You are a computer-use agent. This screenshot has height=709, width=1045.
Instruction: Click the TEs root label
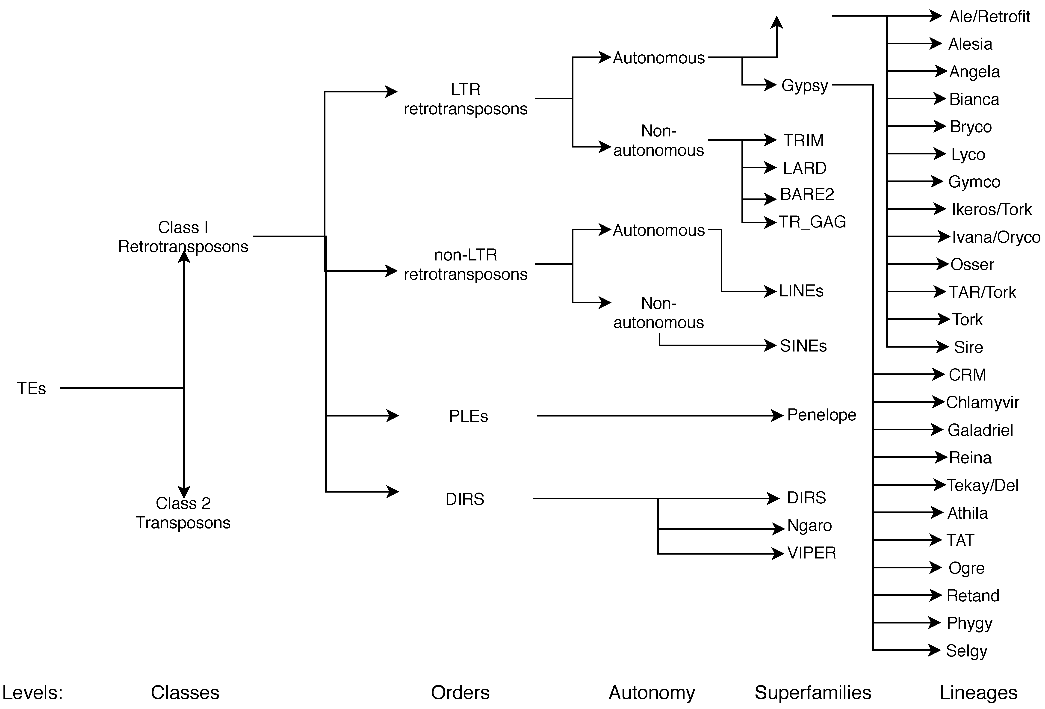click(x=32, y=388)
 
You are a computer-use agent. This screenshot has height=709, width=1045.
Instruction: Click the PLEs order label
click(x=468, y=416)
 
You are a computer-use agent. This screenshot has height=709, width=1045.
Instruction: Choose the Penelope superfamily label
click(x=821, y=415)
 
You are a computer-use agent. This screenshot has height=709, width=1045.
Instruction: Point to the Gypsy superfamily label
click(x=804, y=86)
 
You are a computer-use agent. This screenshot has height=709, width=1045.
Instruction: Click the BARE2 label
click(x=807, y=194)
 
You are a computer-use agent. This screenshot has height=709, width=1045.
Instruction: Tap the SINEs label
click(x=803, y=346)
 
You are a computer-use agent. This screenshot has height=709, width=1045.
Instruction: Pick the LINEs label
click(x=801, y=291)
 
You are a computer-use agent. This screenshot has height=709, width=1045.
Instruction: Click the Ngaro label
click(x=809, y=526)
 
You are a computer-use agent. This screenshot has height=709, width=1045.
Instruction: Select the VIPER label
click(x=812, y=553)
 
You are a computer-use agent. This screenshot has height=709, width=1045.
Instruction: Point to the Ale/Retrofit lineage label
click(x=989, y=17)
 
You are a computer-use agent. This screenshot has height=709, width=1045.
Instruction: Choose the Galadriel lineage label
click(x=980, y=430)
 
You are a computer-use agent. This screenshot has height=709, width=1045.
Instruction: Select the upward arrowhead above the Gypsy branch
click(x=776, y=23)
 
